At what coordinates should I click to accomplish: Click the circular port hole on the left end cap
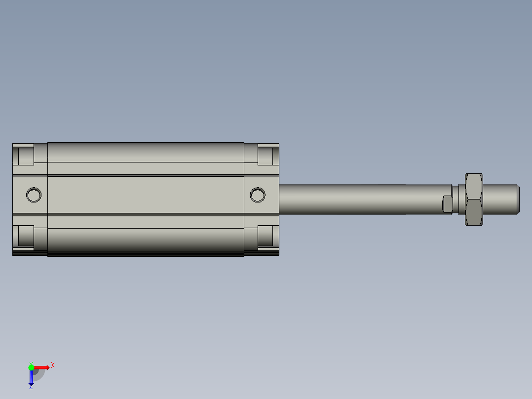point(34,195)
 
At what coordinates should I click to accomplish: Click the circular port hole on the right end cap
point(257,195)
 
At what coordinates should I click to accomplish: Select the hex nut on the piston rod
point(474,199)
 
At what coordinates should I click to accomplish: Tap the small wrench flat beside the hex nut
point(447,203)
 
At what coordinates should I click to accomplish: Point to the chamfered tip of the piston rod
point(518,199)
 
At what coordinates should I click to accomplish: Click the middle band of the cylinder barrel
point(146,195)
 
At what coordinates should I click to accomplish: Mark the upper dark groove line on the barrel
point(146,175)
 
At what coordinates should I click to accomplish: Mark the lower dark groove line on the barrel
point(146,214)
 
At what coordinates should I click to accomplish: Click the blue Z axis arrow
point(31,378)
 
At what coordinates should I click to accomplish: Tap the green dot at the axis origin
point(31,367)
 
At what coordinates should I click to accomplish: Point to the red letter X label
point(53,365)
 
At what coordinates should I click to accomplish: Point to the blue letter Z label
point(31,387)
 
